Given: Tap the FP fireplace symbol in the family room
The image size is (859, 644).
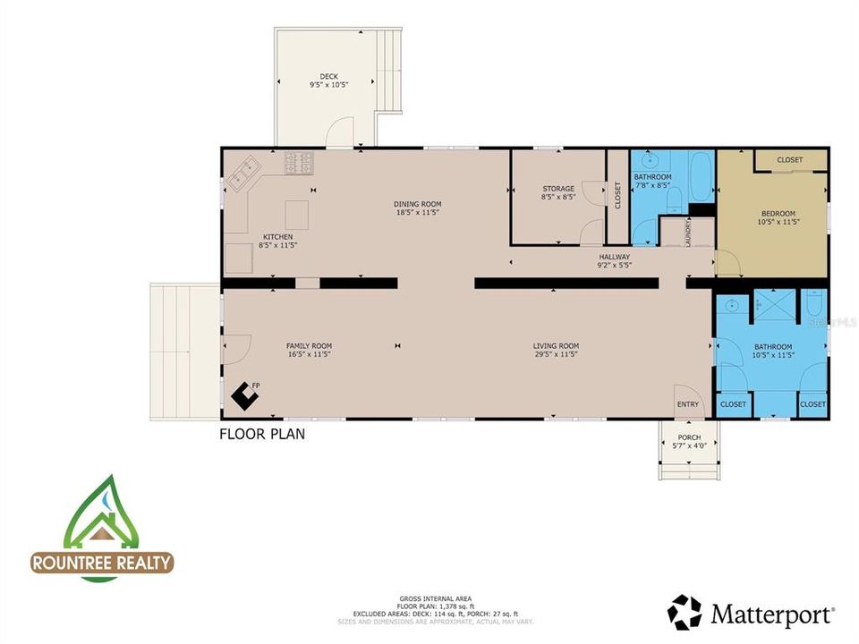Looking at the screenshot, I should [x=242, y=394].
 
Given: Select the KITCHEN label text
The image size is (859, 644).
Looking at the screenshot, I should [x=278, y=236].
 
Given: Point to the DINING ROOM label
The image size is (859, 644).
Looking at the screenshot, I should [x=419, y=204].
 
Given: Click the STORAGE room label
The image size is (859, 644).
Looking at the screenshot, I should [x=557, y=189].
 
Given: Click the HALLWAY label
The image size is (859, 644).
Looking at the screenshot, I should [x=615, y=257].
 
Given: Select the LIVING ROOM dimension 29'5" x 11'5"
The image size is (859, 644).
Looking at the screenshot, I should [x=556, y=354].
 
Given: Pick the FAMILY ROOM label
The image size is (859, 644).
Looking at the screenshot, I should [x=309, y=345].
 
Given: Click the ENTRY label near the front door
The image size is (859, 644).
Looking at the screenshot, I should [x=687, y=404].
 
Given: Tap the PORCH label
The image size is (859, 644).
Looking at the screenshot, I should [x=689, y=436].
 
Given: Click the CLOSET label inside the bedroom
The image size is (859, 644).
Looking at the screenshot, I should [x=789, y=160].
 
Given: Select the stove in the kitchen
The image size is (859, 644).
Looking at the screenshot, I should [x=300, y=163].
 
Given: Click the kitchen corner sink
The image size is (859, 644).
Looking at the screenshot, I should [x=242, y=174].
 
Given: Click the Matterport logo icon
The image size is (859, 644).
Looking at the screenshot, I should [x=685, y=613].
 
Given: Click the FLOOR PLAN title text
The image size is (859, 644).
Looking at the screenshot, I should [x=262, y=436].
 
